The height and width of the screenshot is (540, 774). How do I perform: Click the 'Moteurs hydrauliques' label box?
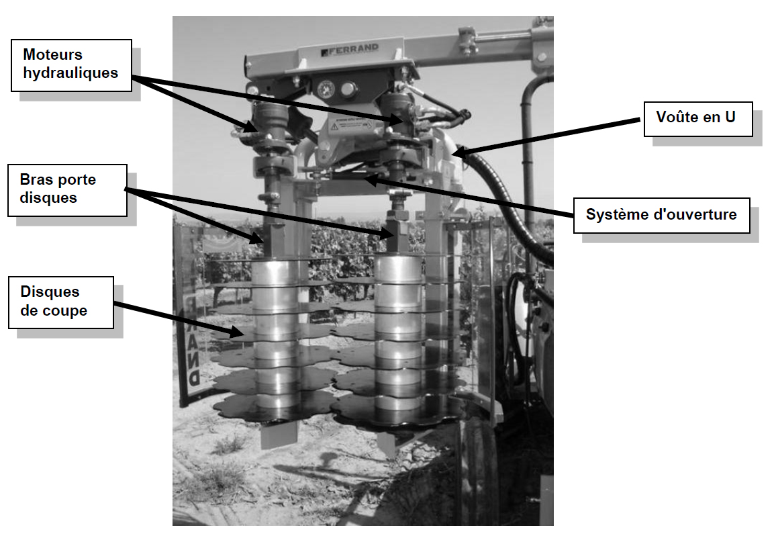coord(71,64)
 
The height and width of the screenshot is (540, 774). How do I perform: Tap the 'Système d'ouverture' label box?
coord(661,215)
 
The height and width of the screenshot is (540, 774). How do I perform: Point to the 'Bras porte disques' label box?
coord(67,190)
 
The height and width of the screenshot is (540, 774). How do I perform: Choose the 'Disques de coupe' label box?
coord(61,302)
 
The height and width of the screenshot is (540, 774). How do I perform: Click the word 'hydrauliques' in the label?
coord(70,72)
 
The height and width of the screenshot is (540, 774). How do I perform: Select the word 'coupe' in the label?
coord(62,311)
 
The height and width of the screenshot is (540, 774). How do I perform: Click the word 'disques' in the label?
coord(49,198)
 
